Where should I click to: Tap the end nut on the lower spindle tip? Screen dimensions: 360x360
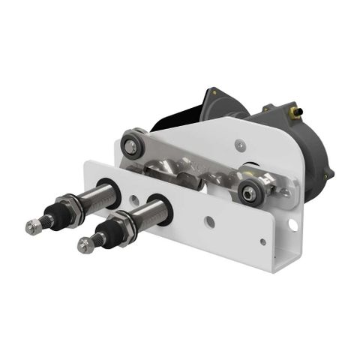coord(85,244)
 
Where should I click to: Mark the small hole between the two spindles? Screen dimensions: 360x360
coord(133,200)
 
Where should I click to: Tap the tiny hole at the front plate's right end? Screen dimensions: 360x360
coord(262,241)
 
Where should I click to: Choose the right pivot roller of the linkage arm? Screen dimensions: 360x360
coord(249,192)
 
